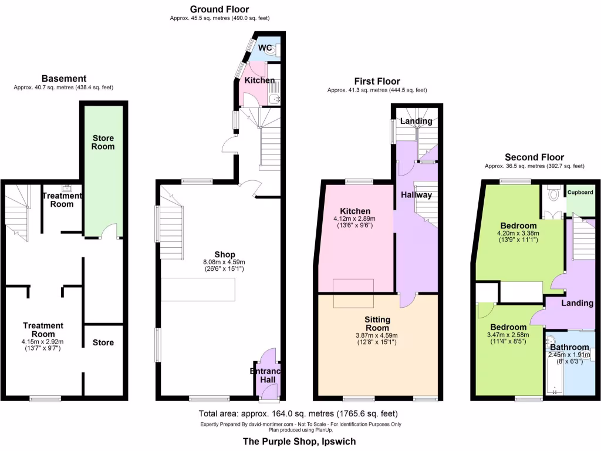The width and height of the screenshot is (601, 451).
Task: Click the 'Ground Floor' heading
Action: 219,9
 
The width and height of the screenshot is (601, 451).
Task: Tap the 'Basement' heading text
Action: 63,79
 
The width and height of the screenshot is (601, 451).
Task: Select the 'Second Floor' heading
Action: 534,157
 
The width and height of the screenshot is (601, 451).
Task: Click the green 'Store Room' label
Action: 103,142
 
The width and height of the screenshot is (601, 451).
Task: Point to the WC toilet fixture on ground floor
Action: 271,51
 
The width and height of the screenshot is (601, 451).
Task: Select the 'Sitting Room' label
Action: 379,324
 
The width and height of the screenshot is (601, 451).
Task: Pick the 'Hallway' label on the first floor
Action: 416,195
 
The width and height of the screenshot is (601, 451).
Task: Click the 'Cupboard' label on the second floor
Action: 580,193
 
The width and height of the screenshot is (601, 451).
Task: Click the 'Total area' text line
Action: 298,413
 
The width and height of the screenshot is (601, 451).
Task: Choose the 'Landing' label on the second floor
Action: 577,303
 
